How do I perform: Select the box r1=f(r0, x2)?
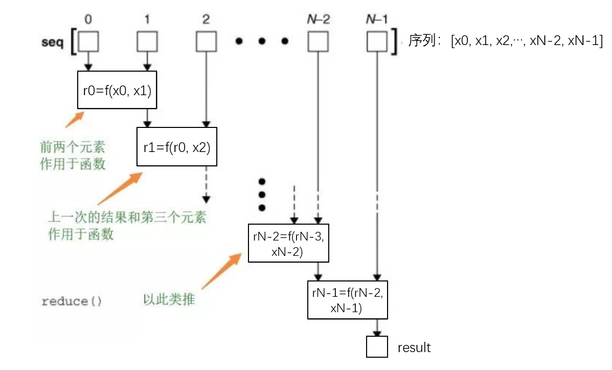[177, 147]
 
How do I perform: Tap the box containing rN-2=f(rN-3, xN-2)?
[288, 243]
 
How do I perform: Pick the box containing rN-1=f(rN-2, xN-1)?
[347, 299]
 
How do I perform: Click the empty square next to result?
[377, 346]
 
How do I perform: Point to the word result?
[414, 347]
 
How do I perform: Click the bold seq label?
[52, 42]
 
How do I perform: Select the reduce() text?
[72, 301]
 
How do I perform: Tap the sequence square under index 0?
[88, 42]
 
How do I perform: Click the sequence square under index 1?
[147, 42]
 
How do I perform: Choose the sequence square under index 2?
[206, 42]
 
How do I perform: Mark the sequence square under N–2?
[318, 42]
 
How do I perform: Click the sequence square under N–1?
[377, 42]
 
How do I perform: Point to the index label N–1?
[377, 19]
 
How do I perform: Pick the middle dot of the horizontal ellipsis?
[262, 41]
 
